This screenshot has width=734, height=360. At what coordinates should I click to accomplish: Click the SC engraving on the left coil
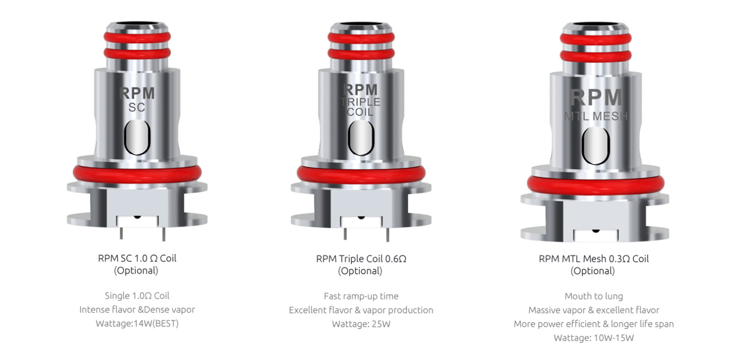click(x=136, y=108)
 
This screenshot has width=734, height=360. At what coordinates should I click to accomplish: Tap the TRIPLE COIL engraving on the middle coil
click(x=360, y=106)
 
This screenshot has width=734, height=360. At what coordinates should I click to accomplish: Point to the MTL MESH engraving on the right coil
click(x=595, y=116)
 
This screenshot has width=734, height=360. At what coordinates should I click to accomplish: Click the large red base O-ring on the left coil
click(x=137, y=172)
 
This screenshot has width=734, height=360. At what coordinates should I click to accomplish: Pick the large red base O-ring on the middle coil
click(x=361, y=173)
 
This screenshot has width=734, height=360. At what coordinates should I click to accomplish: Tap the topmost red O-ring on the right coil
click(x=595, y=39)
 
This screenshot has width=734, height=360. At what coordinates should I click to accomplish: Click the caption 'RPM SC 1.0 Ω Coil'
click(x=137, y=258)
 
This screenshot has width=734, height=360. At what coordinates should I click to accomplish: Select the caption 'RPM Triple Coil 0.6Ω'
click(x=361, y=259)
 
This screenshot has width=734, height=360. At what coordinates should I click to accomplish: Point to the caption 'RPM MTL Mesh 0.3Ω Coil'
click(x=593, y=259)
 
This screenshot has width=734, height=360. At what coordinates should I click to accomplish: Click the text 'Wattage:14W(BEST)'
click(x=137, y=324)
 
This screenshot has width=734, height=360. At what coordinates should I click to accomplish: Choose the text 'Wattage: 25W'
click(x=361, y=324)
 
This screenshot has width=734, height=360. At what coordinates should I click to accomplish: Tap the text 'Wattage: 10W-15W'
click(x=593, y=338)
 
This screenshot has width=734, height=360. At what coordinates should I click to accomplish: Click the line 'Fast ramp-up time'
click(x=361, y=296)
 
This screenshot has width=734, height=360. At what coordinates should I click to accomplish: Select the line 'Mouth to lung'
click(x=593, y=296)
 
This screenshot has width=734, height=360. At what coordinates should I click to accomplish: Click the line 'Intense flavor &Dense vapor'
click(x=137, y=309)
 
